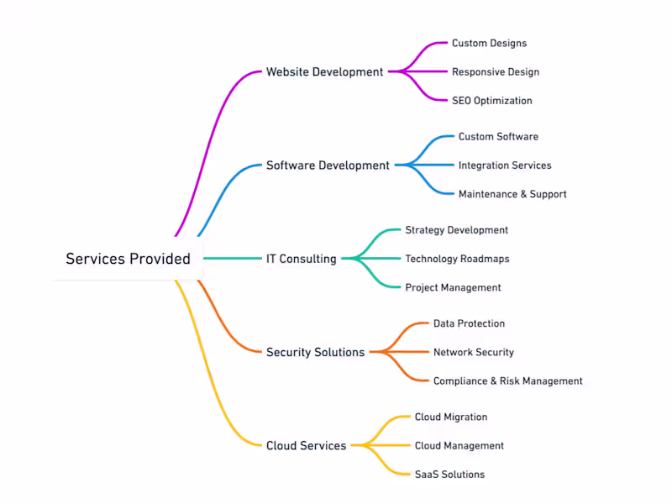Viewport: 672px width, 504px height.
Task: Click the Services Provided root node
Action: [x=129, y=259]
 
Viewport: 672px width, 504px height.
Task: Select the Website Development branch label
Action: [x=324, y=72]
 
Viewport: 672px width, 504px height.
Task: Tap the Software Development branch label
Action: [x=328, y=165]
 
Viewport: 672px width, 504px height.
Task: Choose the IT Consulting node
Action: [x=302, y=259]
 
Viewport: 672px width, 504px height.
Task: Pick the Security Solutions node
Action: [x=315, y=353]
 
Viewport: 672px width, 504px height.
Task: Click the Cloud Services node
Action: [x=306, y=446]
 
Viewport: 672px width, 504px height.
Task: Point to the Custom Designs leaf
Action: [x=489, y=43]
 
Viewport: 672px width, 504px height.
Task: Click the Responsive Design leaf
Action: [x=496, y=72]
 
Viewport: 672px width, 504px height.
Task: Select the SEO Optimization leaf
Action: [x=491, y=101]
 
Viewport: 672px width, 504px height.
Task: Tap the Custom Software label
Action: [x=498, y=136]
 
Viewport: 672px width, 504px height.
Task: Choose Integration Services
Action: [x=505, y=165]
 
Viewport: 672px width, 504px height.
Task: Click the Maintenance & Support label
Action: [x=512, y=194]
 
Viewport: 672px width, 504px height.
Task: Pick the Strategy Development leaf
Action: [x=456, y=230]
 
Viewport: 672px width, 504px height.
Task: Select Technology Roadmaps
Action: [x=457, y=259]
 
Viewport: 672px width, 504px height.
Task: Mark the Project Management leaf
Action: [x=453, y=287]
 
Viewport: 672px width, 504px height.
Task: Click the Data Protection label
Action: [x=469, y=323]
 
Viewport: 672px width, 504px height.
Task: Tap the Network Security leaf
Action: [x=473, y=353]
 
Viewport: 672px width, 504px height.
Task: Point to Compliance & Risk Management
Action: [x=507, y=381]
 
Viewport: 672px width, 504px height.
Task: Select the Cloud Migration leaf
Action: [x=450, y=417]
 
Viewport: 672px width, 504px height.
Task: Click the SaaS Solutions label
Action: [x=449, y=475]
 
